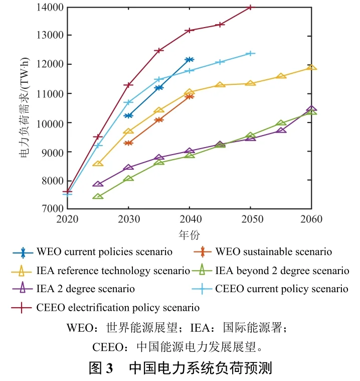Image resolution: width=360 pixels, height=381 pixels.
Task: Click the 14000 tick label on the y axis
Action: (50, 8)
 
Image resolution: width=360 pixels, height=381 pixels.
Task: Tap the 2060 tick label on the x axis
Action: (311, 219)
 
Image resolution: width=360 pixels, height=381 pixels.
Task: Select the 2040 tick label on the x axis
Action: (190, 219)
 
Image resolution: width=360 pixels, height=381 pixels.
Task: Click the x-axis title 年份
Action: (189, 235)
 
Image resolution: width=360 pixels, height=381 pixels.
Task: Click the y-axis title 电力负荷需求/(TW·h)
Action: (25, 108)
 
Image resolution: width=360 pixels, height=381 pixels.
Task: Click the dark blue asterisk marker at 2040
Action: (190, 59)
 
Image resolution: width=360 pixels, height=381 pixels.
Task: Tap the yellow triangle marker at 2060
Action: (311, 67)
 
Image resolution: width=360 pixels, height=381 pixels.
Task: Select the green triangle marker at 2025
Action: (98, 196)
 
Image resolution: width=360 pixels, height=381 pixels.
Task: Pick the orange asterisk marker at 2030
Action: (128, 143)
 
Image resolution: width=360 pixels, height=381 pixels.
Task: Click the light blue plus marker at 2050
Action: (250, 53)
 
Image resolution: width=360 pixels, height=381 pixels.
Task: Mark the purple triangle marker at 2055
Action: (281, 130)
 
